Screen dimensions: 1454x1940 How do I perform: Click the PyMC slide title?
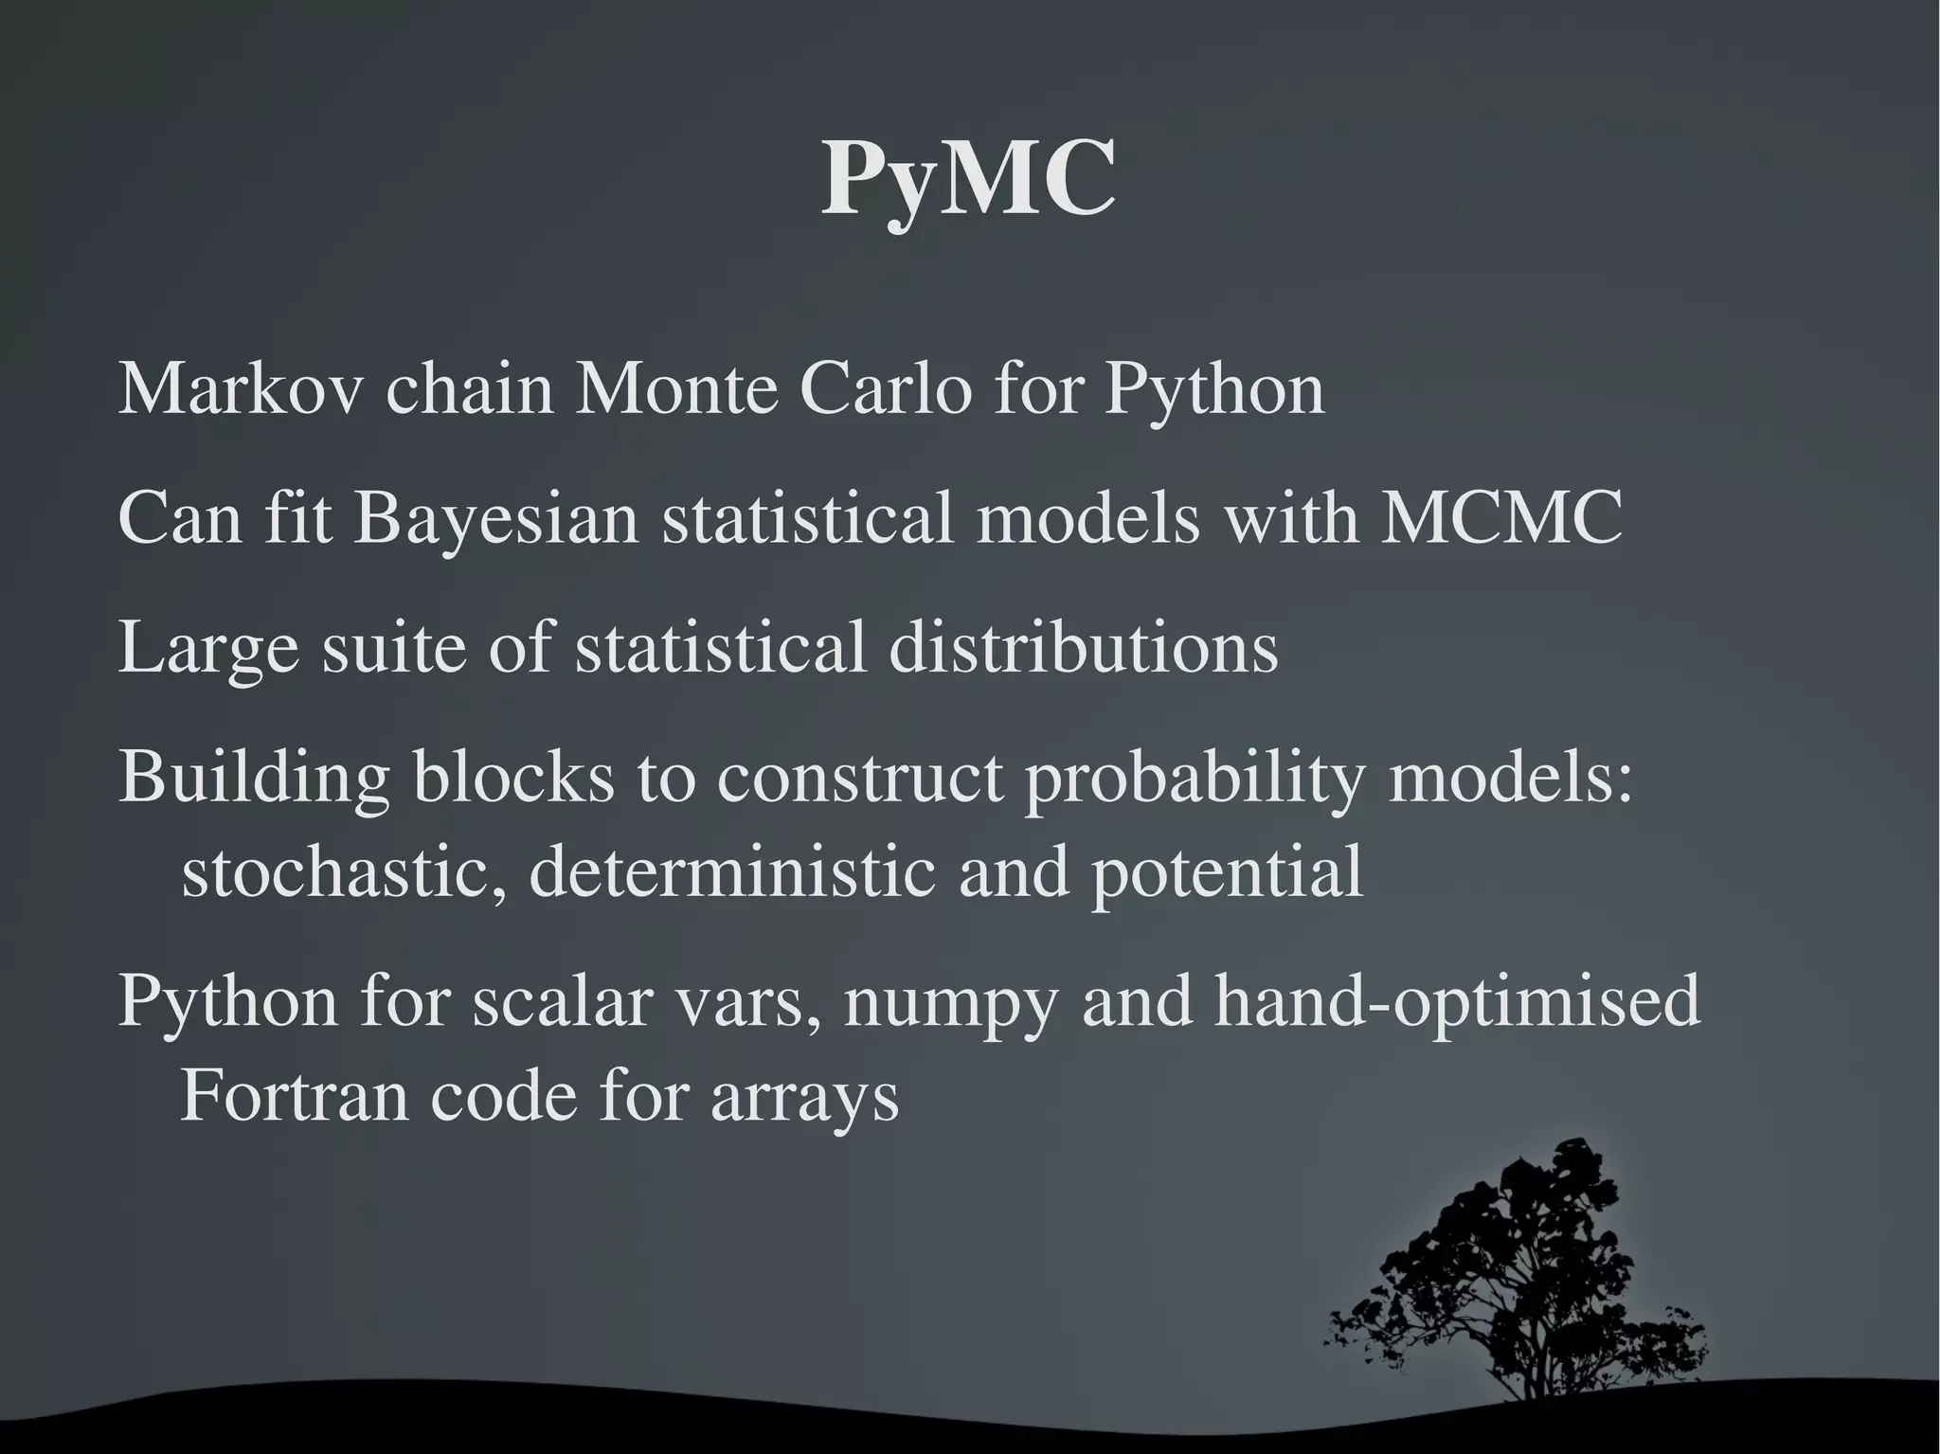pyautogui.click(x=968, y=181)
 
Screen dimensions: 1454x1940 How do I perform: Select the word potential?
pyautogui.click(x=1227, y=873)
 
